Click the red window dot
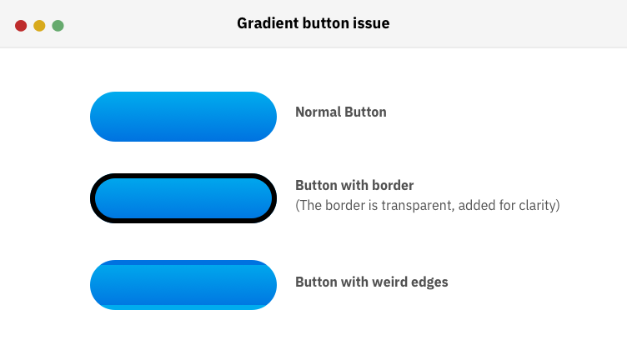point(21,26)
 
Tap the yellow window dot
point(39,26)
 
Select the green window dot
point(58,26)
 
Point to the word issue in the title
point(372,23)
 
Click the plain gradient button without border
point(183,117)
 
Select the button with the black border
point(183,198)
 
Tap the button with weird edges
point(183,283)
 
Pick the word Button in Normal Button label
point(365,112)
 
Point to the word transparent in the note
point(399,205)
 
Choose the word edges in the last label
point(429,282)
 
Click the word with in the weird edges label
point(351,282)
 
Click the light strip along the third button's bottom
point(183,307)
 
